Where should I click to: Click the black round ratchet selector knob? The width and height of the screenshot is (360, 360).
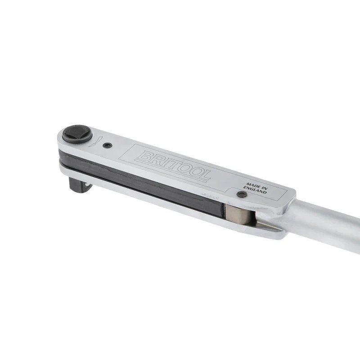pyautogui.click(x=77, y=134)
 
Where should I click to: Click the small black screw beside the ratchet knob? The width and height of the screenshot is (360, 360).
pyautogui.click(x=107, y=145)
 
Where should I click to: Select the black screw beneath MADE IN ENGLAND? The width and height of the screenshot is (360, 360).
pyautogui.click(x=242, y=194)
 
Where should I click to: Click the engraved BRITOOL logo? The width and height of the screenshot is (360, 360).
pyautogui.click(x=173, y=166)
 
